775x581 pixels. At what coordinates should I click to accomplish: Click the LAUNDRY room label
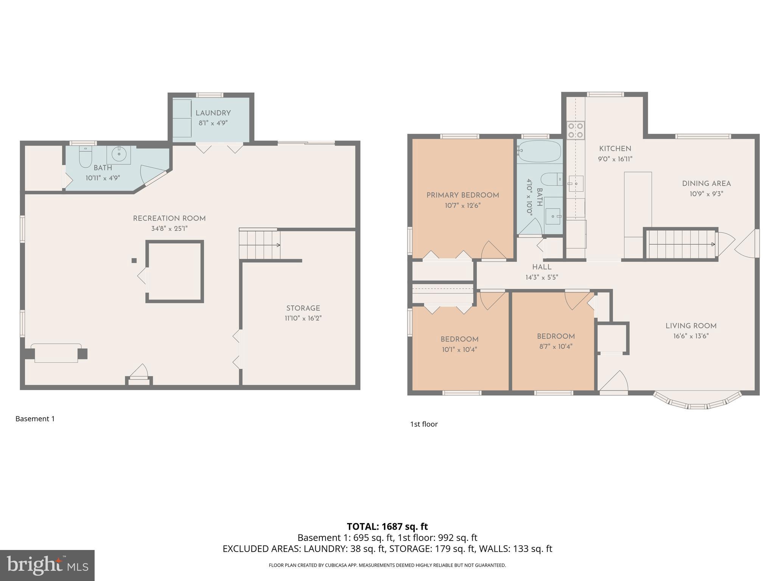[x=213, y=113]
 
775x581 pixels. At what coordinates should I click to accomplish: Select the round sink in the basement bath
[x=119, y=154]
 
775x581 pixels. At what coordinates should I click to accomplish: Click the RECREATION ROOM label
[x=169, y=218]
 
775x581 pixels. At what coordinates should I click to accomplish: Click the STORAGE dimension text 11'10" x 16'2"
[x=303, y=318]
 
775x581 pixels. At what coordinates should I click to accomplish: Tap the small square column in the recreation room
[x=134, y=260]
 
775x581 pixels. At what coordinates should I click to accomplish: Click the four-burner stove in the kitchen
[x=575, y=130]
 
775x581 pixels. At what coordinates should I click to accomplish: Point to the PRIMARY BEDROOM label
[x=462, y=195]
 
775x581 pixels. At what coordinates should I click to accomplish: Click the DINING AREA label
[x=706, y=183]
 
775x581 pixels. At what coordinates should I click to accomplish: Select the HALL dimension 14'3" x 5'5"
[x=542, y=277]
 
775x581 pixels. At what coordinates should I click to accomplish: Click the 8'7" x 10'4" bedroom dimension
[x=556, y=346]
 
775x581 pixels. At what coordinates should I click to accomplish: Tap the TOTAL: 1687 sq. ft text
[x=387, y=526]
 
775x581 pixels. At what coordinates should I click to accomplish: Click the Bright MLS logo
[x=47, y=565]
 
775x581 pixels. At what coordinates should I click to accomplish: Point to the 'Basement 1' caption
[x=35, y=419]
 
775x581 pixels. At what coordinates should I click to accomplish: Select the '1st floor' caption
[x=424, y=424]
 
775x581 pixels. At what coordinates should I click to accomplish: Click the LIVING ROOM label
[x=691, y=326]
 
